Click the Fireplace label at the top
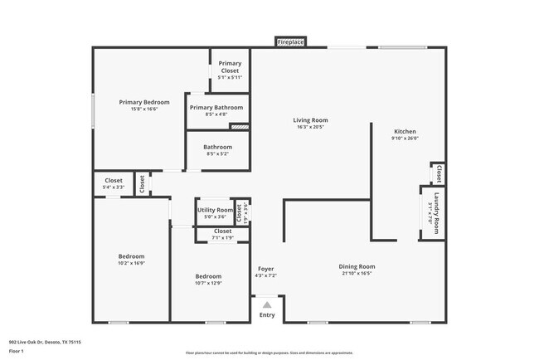tap(291, 41)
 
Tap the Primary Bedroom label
tap(138, 102)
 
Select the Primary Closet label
tap(230, 67)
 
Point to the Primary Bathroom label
tap(216, 107)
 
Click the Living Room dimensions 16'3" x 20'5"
tap(310, 127)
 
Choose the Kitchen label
tap(405, 132)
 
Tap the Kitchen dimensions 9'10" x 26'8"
tap(405, 139)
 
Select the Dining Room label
tap(357, 266)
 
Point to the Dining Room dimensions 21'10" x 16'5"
tap(357, 273)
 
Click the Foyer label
tap(265, 269)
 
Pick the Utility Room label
tap(215, 210)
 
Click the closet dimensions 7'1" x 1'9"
tap(223, 238)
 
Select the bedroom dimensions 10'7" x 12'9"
tap(208, 283)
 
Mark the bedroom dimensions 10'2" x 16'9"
tap(131, 263)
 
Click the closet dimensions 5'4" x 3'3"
tap(114, 187)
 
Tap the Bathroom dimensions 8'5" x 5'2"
tap(216, 153)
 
